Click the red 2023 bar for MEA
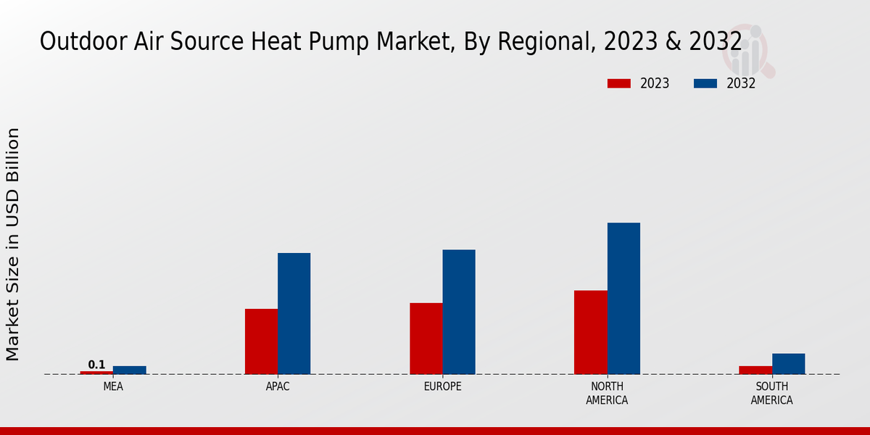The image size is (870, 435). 96,373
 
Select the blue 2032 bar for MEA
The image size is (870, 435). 129,370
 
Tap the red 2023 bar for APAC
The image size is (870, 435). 261,341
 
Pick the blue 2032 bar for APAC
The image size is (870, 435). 294,313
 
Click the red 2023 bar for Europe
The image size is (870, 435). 426,339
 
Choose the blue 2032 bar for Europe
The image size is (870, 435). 459,312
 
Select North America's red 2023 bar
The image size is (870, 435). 590,332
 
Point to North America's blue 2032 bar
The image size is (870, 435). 623,298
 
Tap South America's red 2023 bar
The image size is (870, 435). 755,370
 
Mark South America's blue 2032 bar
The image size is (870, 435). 788,364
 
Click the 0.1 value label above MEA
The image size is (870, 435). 96,365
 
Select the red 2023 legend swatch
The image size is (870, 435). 618,83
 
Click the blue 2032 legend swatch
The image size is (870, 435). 705,83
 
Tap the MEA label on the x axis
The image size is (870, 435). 113,386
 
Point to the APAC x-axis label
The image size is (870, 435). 278,386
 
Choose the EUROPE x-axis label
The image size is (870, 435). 442,386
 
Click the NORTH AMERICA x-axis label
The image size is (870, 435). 607,393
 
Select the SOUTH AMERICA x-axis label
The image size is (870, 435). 771,393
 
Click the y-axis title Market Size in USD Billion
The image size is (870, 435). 13,244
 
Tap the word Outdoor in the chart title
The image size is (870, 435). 74,42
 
